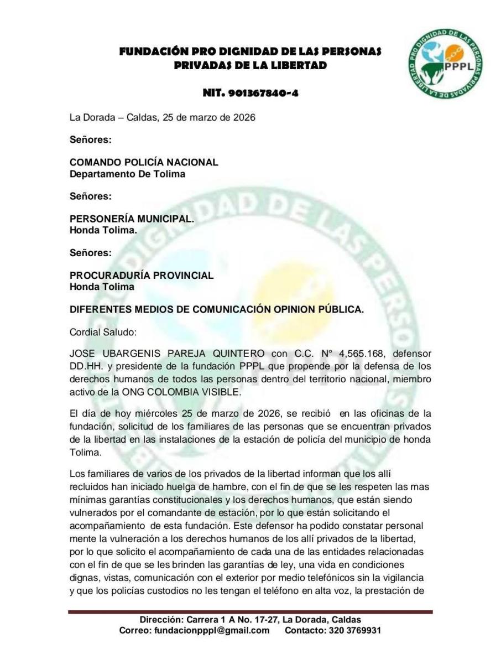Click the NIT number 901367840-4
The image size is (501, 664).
[251, 93]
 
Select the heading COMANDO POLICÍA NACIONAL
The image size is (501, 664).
[144, 163]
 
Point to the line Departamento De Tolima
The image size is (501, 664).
[127, 174]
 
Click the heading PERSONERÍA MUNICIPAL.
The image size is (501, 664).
[132, 219]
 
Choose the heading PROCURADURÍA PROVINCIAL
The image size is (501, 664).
[142, 276]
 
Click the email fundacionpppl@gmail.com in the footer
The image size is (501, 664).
[212, 630]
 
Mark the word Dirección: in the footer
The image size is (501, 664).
[161, 620]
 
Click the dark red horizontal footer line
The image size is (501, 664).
[251, 611]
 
